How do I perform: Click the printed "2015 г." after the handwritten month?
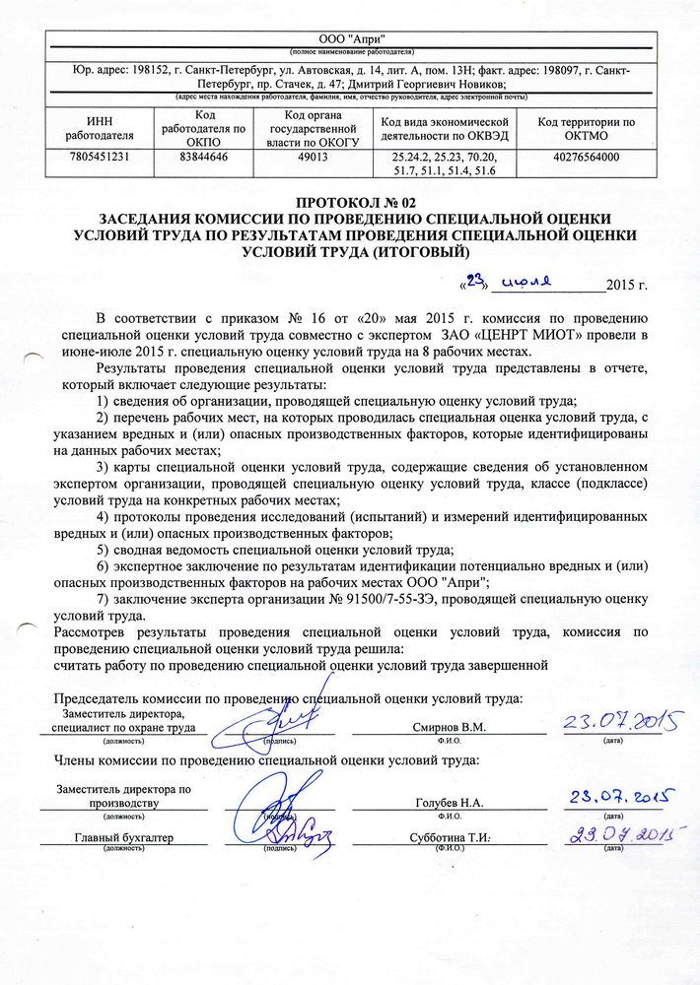click(627, 286)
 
